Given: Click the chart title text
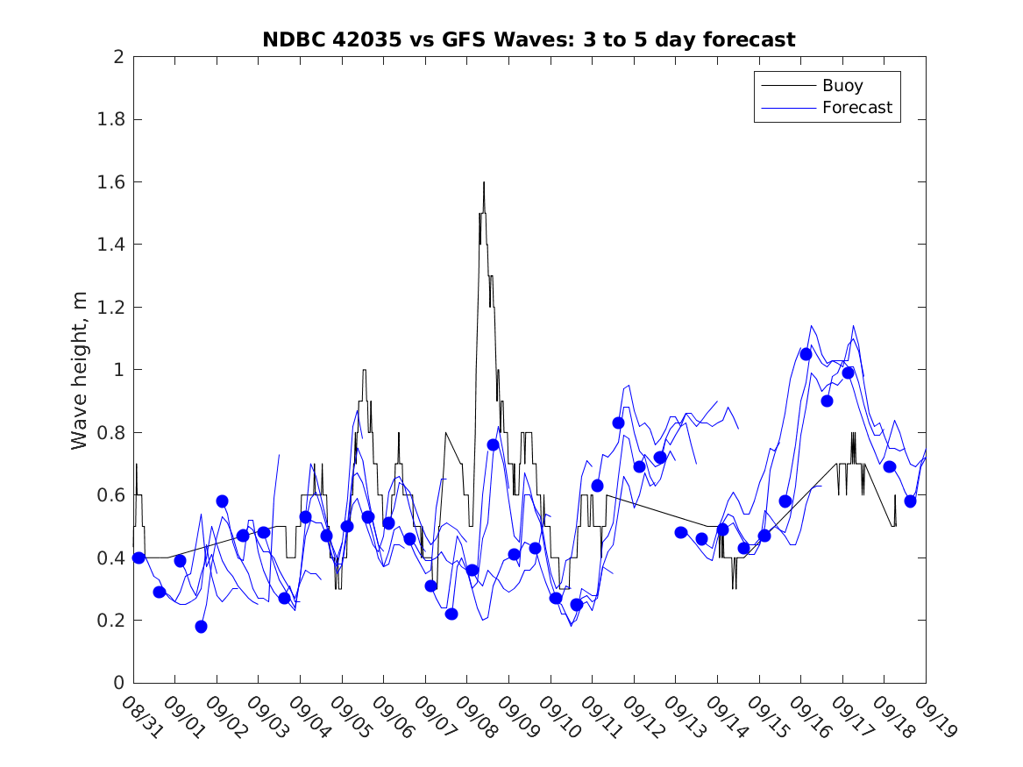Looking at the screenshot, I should (x=529, y=39).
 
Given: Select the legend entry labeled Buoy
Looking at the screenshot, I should (x=842, y=86).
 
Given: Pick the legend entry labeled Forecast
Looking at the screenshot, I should (x=856, y=108).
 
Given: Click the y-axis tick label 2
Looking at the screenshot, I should (x=118, y=57).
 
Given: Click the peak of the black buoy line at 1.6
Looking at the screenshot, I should (x=483, y=182).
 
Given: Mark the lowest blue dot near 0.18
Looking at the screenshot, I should (x=201, y=627).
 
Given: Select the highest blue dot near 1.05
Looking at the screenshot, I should (x=806, y=354).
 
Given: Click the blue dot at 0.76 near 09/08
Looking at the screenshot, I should (x=493, y=444).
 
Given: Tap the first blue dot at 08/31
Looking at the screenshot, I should (x=139, y=557).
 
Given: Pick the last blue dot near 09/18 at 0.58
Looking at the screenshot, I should (x=910, y=501).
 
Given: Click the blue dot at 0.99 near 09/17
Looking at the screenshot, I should (x=848, y=373).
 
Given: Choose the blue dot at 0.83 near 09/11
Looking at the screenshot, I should (x=618, y=423).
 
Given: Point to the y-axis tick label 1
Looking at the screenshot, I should (x=118, y=370).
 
